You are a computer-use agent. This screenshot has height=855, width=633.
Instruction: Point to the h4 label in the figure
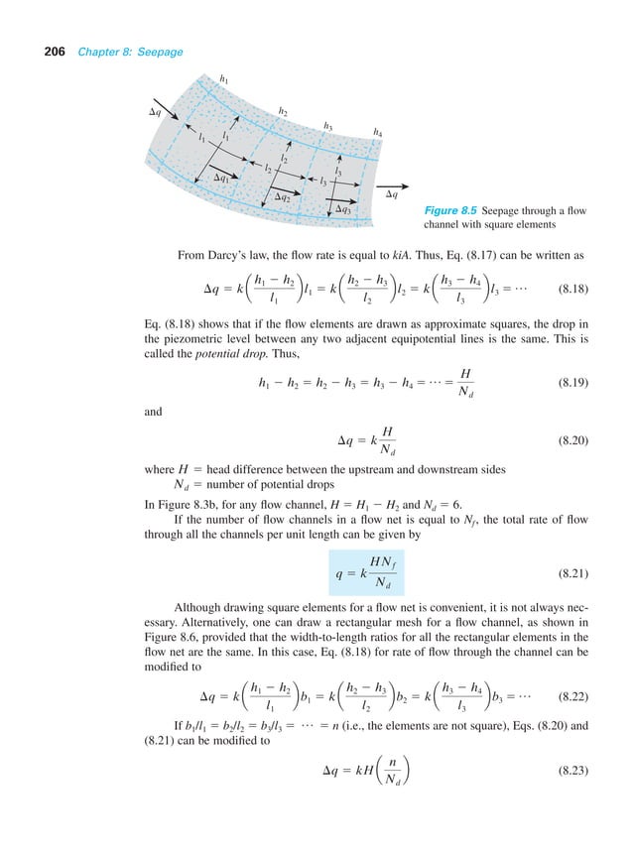pos(377,132)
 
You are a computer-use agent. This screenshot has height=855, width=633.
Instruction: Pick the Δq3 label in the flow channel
pos(343,209)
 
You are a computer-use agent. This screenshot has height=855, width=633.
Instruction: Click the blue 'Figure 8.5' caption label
pos(450,211)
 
